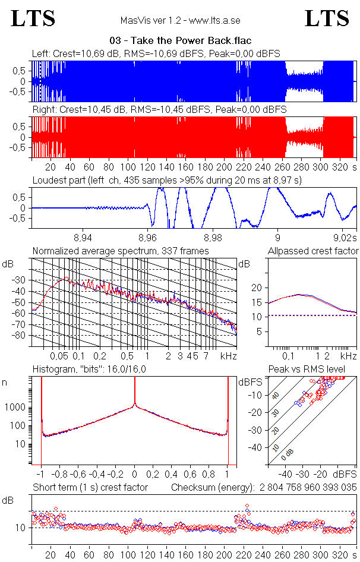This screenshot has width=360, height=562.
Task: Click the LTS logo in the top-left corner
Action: tap(33, 18)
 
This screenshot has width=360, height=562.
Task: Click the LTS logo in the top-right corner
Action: tap(327, 18)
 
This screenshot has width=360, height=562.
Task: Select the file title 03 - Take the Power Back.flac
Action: tap(181, 40)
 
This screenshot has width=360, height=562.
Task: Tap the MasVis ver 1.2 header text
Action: tap(181, 20)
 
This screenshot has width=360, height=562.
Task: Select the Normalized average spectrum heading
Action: tap(121, 251)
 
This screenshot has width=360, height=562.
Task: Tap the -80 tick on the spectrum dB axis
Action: tap(21, 336)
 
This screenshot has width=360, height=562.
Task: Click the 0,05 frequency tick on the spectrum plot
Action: tap(59, 356)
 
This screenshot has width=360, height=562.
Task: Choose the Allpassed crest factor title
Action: tap(313, 251)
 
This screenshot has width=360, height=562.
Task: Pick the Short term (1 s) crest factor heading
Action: tap(90, 488)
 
